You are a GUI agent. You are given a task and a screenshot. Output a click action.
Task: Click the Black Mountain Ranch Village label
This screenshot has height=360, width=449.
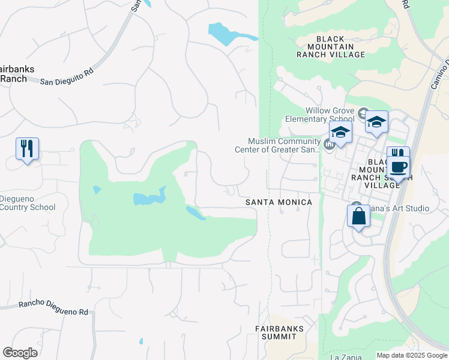click(x=331, y=47)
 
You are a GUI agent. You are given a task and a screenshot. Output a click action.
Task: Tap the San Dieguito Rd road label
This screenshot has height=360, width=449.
click(x=67, y=76)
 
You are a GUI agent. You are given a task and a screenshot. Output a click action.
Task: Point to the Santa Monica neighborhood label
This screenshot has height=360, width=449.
click(x=279, y=203)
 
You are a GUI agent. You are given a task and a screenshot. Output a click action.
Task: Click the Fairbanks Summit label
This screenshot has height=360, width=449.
click(x=279, y=332)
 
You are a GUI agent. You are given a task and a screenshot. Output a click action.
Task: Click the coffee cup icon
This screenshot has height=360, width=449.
click(x=399, y=166)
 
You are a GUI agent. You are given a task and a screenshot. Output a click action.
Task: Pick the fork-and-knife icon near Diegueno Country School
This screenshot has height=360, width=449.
click(x=27, y=148)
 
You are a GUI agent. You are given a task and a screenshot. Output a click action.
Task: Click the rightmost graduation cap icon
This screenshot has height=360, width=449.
click(x=376, y=122)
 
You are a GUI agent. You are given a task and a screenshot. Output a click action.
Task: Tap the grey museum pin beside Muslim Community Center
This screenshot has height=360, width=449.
click(x=328, y=145)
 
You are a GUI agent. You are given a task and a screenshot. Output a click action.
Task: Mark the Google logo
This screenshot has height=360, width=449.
click(x=20, y=353)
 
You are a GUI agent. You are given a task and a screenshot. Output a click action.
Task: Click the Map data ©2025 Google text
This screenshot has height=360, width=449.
click(x=411, y=355)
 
